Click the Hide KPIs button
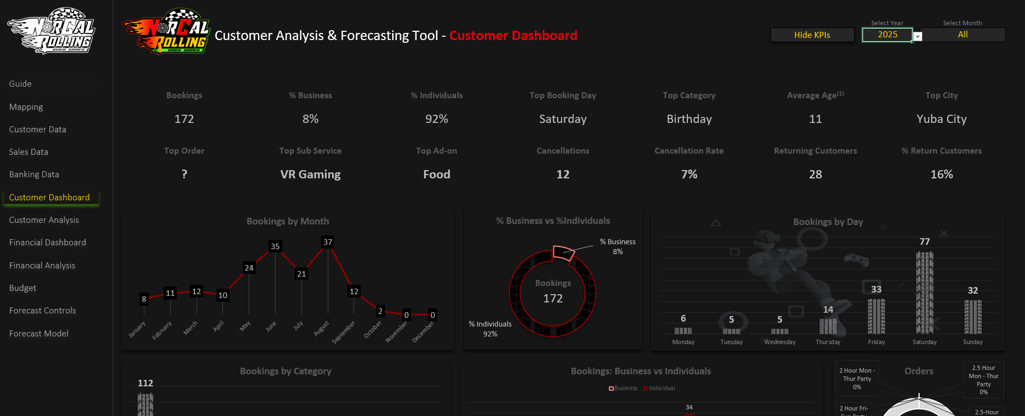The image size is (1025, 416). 812,35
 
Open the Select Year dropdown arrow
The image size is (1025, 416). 917,37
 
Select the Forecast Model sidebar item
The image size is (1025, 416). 39,334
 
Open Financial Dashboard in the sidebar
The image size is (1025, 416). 48,243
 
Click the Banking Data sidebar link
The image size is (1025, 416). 34,175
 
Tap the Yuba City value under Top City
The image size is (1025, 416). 942,119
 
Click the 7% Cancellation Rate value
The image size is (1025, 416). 689,175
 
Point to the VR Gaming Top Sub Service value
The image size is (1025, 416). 310,175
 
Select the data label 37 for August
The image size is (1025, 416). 328,242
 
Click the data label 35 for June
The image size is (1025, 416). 275,246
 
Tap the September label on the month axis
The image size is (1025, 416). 344,332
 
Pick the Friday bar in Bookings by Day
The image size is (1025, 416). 876,316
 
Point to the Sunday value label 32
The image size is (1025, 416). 973,290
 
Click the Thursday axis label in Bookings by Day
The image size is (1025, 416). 828,342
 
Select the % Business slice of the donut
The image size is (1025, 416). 563,252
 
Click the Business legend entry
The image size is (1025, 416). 623,389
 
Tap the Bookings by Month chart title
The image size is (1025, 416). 288,221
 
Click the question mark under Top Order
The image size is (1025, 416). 184,175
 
